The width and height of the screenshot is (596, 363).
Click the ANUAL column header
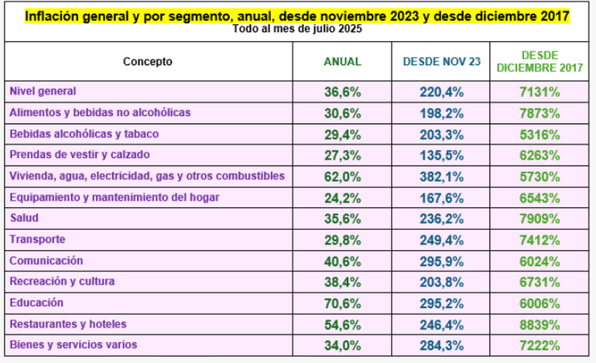tap(342, 62)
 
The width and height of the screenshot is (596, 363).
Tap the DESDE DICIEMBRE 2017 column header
tap(540, 62)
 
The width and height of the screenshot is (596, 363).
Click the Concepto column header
tap(148, 62)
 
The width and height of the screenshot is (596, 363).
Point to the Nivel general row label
tap(43, 91)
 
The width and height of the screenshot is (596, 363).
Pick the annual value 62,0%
tap(342, 176)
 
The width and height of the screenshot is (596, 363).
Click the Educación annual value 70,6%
tap(342, 303)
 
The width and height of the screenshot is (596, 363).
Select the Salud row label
tap(24, 218)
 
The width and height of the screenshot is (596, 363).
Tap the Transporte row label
tap(37, 239)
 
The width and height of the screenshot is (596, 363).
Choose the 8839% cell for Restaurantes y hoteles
tap(540, 324)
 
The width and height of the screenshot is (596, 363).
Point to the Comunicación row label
tap(46, 261)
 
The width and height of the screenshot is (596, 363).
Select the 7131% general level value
tap(540, 91)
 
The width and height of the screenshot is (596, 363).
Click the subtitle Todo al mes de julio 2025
tap(297, 29)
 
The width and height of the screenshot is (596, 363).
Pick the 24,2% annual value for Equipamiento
tap(342, 197)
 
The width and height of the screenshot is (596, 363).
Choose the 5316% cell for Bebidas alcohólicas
tap(540, 134)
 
